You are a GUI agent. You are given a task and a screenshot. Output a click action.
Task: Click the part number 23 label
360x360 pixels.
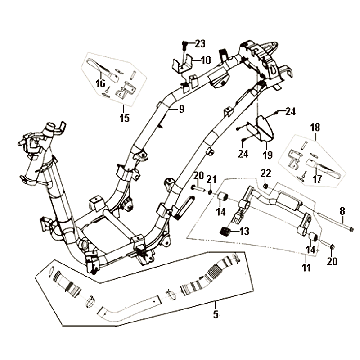coord(198,43)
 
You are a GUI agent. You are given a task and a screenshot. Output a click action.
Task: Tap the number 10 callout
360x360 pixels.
coord(206,60)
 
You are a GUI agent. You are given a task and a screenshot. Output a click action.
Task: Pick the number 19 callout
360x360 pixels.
coord(267,155)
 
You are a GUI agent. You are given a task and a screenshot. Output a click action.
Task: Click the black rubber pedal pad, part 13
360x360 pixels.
coord(226,232)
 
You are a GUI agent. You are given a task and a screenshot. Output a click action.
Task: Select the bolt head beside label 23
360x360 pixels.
coord(186,44)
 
